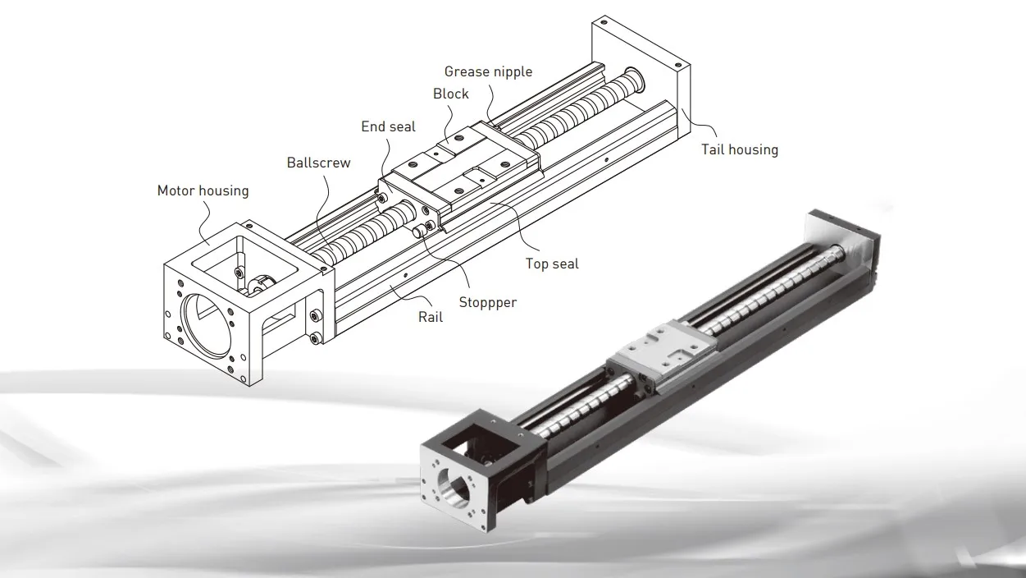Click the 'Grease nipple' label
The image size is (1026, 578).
488,71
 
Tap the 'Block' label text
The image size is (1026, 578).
451,94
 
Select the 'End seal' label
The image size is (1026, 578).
388,126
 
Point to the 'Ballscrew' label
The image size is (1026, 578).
318,163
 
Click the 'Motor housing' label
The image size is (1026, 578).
203,190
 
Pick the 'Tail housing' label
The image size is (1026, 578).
739,149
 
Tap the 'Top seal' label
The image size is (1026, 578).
552,264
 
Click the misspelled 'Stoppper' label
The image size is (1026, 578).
487,302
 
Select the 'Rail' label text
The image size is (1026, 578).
431,316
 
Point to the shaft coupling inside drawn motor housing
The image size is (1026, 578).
258,283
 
